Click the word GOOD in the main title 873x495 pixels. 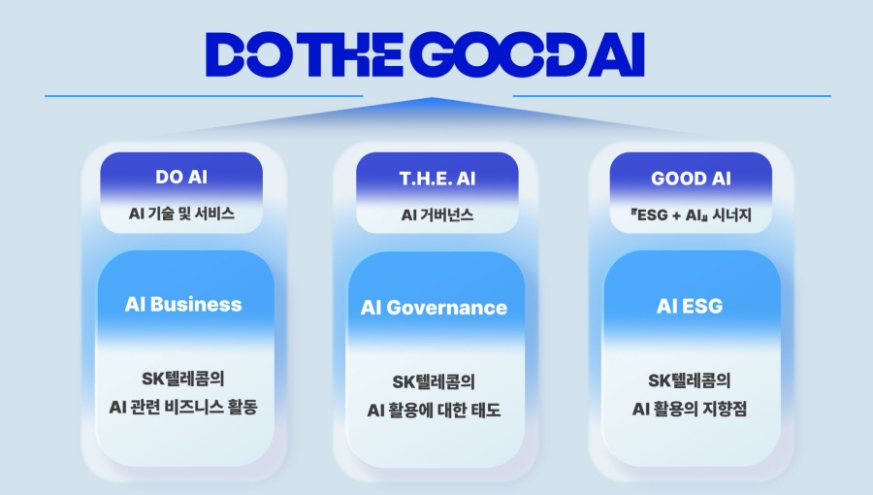pyautogui.click(x=489, y=54)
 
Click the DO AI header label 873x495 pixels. pyautogui.click(x=181, y=179)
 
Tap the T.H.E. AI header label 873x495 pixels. pyautogui.click(x=437, y=179)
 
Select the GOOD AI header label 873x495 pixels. pyautogui.click(x=692, y=179)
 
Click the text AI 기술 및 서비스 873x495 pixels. pyautogui.click(x=181, y=214)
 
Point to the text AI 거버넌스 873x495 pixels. pyautogui.click(x=437, y=214)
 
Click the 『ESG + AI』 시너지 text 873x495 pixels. pyautogui.click(x=692, y=214)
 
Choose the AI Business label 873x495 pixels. pyautogui.click(x=183, y=304)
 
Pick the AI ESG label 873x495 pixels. pyautogui.click(x=690, y=306)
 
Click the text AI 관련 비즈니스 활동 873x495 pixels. pyautogui.click(x=183, y=407)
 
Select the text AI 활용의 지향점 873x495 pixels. pyautogui.click(x=690, y=409)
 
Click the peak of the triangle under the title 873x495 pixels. pyautogui.click(x=437, y=98)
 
